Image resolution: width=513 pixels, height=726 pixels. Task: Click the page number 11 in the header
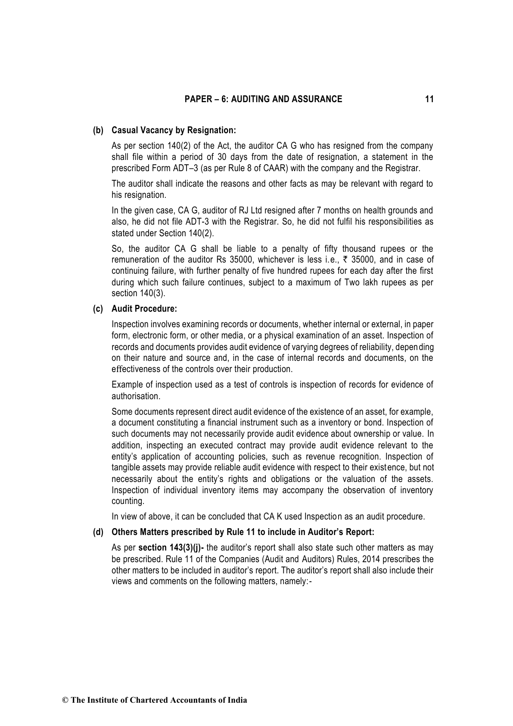point(429,100)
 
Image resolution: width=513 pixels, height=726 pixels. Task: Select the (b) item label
point(99,130)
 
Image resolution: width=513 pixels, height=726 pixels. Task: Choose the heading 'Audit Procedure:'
point(144,309)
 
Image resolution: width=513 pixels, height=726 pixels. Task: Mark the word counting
point(128,501)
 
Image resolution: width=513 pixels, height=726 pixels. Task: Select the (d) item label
point(99,532)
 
